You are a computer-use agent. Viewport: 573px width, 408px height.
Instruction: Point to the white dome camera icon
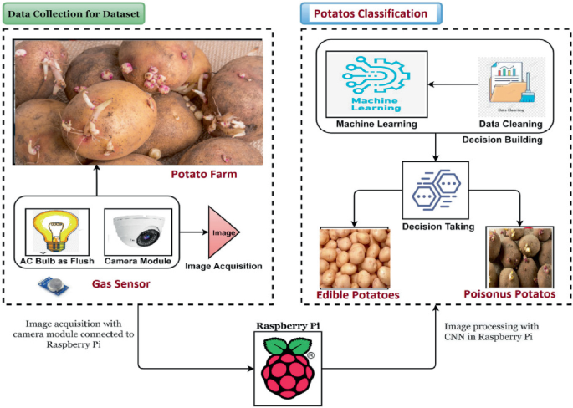tap(141, 228)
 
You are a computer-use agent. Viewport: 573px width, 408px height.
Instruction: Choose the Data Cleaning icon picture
tap(508, 87)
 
